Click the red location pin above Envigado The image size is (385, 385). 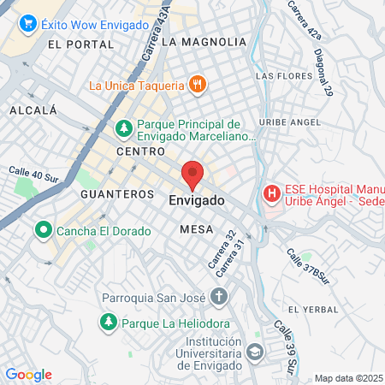(192, 174)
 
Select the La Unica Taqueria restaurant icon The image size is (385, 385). (198, 85)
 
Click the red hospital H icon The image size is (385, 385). (272, 193)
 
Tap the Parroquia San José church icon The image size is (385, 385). (219, 298)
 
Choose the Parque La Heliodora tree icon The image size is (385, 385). (108, 323)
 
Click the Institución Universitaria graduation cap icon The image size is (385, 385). (254, 352)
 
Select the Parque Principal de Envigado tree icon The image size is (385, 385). (124, 128)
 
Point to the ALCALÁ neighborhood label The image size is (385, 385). (33, 110)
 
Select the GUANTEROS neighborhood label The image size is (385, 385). (116, 194)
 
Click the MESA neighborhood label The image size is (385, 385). (192, 229)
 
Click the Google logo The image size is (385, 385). (28, 374)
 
